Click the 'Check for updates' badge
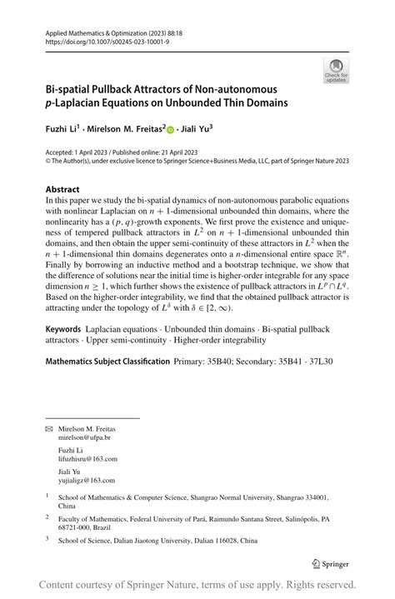click(336, 70)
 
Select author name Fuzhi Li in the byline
click(62, 130)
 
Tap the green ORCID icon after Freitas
click(172, 131)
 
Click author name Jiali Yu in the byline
click(197, 130)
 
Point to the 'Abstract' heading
click(62, 189)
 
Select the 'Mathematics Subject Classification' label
click(106, 362)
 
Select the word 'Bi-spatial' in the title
click(69, 89)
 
